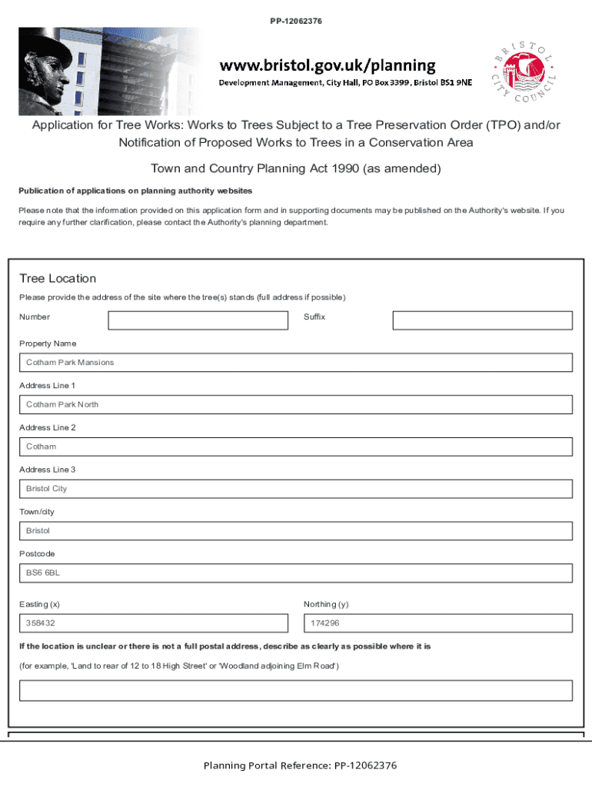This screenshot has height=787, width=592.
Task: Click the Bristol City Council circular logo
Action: tap(525, 73)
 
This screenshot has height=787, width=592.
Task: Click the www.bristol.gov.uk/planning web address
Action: tap(328, 65)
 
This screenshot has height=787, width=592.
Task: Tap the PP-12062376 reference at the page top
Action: tap(296, 21)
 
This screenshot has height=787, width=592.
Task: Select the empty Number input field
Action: tap(198, 320)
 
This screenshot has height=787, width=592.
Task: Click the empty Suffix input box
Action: tap(482, 320)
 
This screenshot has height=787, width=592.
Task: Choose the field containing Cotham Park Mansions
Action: tap(296, 363)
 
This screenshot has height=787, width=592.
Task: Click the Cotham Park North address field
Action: tap(296, 405)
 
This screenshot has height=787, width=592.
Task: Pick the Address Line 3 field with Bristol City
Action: tap(296, 489)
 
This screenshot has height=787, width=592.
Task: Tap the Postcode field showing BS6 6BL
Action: tap(296, 573)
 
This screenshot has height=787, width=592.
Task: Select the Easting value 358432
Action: tap(154, 623)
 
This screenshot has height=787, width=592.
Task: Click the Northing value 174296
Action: tap(438, 623)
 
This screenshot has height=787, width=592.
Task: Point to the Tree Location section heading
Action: tap(58, 278)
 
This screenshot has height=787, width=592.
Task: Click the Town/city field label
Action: tap(37, 512)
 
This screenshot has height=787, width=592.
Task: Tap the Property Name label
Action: tap(48, 344)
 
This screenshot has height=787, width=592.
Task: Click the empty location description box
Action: tap(296, 690)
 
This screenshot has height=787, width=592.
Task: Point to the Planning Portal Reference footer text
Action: tap(300, 765)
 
